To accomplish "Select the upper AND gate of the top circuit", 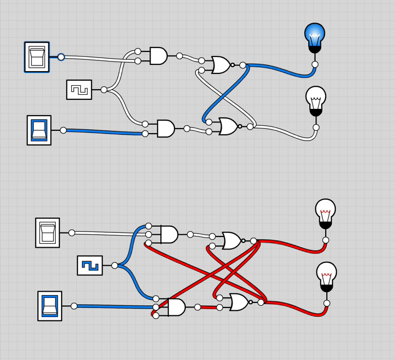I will [159, 56].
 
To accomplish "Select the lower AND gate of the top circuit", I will [165, 128].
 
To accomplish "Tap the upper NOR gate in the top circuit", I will [220, 65].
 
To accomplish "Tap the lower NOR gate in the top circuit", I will [227, 126].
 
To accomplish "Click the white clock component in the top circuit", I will [79, 90].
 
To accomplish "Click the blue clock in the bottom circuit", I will [90, 265].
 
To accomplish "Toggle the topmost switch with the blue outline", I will [37, 57].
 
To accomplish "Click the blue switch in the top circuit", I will [39, 130].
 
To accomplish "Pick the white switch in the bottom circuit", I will [47, 232].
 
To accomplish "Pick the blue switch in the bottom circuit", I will [50, 306].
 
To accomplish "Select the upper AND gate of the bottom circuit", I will [169, 234].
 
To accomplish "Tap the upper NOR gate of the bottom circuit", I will [231, 241].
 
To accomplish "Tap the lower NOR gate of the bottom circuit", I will [238, 302].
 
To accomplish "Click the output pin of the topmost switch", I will [61, 57].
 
